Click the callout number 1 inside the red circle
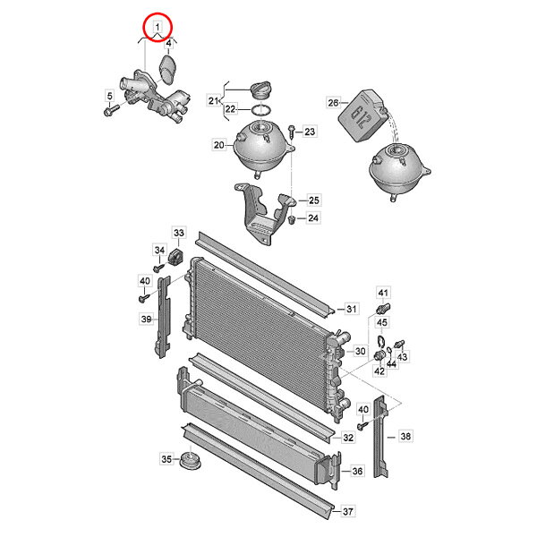click(x=158, y=26)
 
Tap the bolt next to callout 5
click(x=111, y=110)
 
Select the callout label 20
click(x=219, y=145)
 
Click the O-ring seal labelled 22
click(x=261, y=110)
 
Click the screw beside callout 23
click(x=291, y=132)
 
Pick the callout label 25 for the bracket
click(x=314, y=200)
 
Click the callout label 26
click(x=333, y=102)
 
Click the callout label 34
click(x=159, y=250)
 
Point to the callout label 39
click(x=146, y=319)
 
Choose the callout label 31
click(x=352, y=309)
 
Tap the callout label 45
click(x=382, y=322)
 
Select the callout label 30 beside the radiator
click(x=360, y=351)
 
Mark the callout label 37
click(x=347, y=511)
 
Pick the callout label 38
click(x=405, y=436)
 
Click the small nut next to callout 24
click(x=292, y=219)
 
